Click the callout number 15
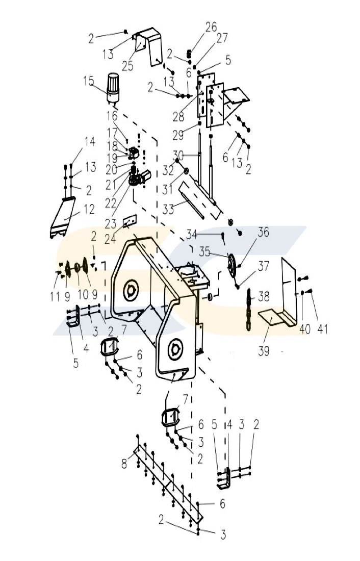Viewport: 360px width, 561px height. tap(89, 81)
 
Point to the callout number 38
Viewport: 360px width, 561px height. tap(264, 295)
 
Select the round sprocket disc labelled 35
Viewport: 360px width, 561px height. tap(232, 265)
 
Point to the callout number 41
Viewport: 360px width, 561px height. tap(322, 329)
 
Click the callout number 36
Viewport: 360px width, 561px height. tap(263, 233)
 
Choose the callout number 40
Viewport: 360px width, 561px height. tap(304, 329)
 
